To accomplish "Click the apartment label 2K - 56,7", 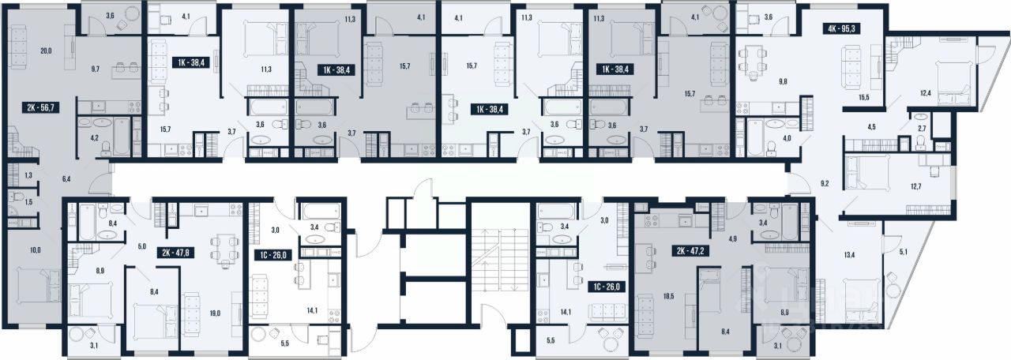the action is point(40,107).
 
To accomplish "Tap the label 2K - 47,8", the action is point(175,253).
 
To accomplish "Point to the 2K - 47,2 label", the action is point(690,251).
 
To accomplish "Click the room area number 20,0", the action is point(46,51).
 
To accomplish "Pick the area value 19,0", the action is point(215,313).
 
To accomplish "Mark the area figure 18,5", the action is point(669,296).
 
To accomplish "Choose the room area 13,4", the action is point(849,255).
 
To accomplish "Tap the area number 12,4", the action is point(922,93).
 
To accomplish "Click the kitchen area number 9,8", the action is point(783,81).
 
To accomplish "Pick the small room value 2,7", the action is point(922,129).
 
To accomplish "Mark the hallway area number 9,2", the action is point(825,184).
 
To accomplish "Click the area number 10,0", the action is point(36,250).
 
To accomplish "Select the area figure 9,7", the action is point(95,69).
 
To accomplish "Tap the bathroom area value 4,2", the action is point(94,138).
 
